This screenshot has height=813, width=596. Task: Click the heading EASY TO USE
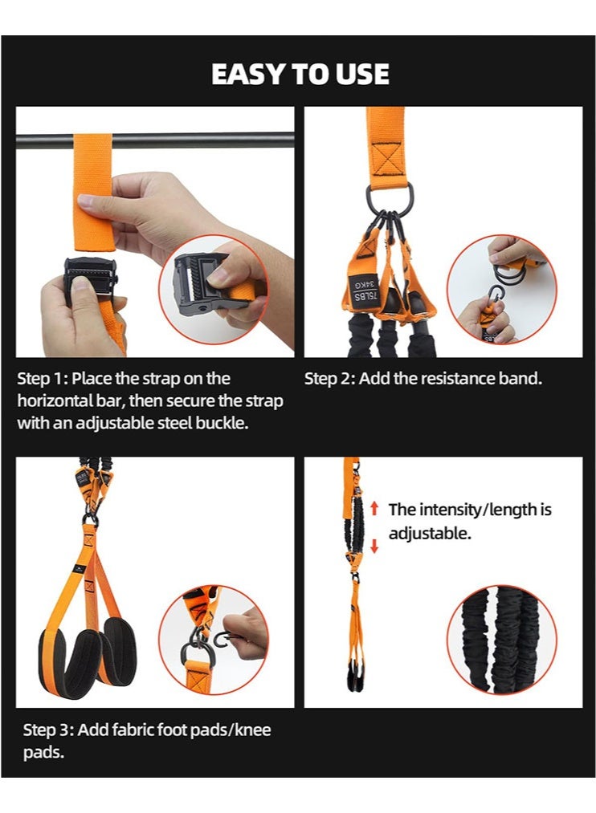click(300, 74)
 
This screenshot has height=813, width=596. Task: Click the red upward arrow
click(374, 509)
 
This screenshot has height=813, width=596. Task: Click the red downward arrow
click(374, 546)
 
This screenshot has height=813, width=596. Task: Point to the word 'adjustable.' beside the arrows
click(430, 533)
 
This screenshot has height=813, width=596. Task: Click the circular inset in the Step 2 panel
click(502, 289)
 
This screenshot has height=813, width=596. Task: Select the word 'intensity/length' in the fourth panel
click(480, 510)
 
